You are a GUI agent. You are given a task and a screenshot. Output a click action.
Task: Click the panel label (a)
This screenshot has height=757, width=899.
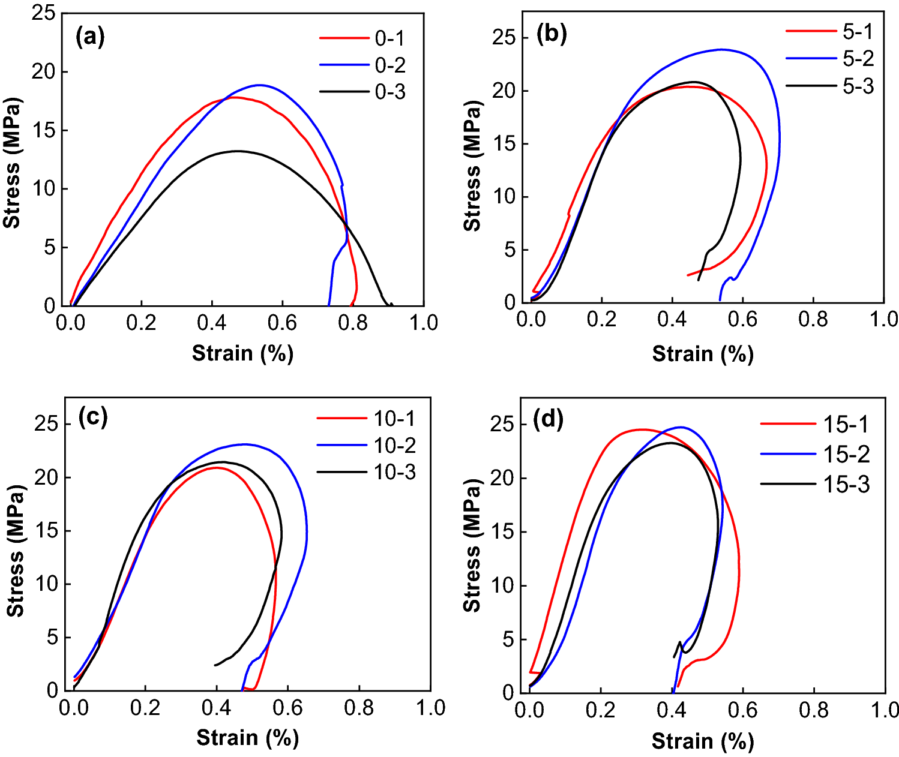coord(90,37)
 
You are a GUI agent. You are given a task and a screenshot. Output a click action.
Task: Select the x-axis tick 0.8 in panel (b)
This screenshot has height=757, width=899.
coord(813,319)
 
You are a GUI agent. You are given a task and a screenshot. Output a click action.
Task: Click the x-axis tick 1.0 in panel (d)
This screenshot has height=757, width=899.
coord(885,710)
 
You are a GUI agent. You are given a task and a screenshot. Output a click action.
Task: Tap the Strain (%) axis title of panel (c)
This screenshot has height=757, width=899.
coord(247,737)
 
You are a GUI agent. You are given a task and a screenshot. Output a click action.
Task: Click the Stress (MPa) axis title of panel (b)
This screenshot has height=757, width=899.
coord(472,166)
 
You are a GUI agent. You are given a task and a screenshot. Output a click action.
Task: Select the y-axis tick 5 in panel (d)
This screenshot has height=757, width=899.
coord(509,639)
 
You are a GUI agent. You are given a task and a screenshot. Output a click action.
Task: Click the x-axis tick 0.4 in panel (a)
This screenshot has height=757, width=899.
coord(212,323)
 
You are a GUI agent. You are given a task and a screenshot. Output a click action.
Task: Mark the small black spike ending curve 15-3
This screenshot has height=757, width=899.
coord(680,642)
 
